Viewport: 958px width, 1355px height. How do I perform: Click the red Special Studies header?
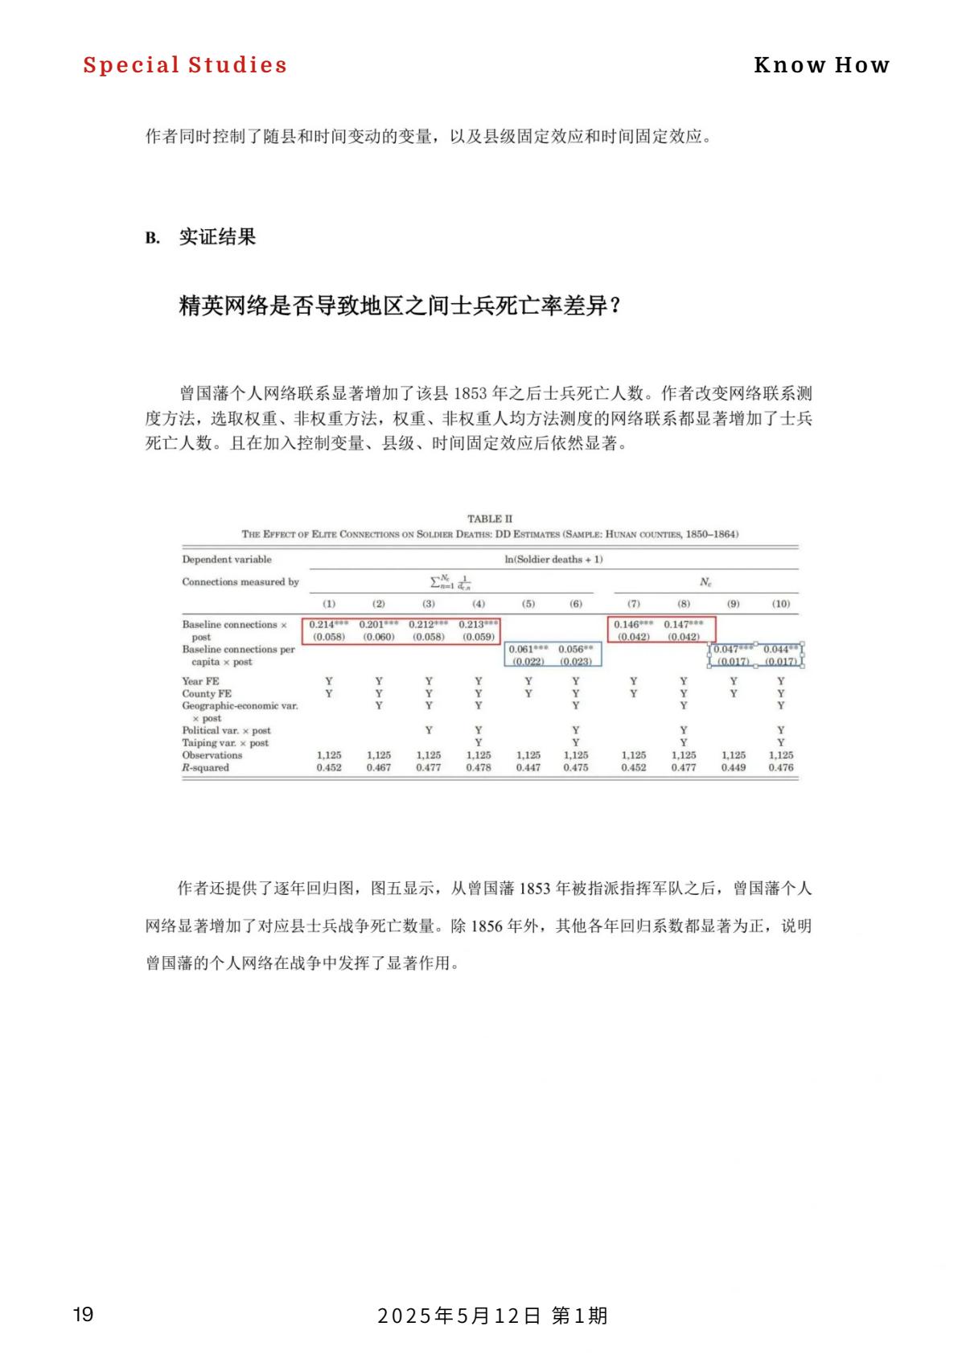tap(185, 65)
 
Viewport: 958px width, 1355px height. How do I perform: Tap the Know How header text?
tap(821, 65)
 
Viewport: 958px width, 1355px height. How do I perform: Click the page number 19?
tap(83, 1315)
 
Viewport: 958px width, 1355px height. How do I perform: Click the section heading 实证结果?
tap(217, 237)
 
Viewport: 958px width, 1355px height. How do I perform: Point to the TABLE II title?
tap(489, 519)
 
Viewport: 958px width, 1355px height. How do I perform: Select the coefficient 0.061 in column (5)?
tap(523, 649)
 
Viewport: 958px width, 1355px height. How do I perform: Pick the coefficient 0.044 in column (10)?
tap(777, 649)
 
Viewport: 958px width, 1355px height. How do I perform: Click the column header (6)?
tap(576, 603)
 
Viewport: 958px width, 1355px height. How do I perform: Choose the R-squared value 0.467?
tap(379, 767)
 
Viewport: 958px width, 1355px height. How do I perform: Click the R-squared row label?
tap(205, 767)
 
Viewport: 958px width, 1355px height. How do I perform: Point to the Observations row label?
tap(212, 755)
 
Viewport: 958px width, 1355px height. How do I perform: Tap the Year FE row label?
tap(200, 681)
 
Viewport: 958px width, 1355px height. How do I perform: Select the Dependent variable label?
tap(227, 560)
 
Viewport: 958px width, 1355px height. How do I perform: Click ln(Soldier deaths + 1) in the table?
tap(553, 560)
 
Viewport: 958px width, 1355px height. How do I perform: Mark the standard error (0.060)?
tap(379, 637)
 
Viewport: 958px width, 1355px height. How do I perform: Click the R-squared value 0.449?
tap(734, 767)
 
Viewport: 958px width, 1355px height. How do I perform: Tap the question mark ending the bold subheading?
tap(615, 306)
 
